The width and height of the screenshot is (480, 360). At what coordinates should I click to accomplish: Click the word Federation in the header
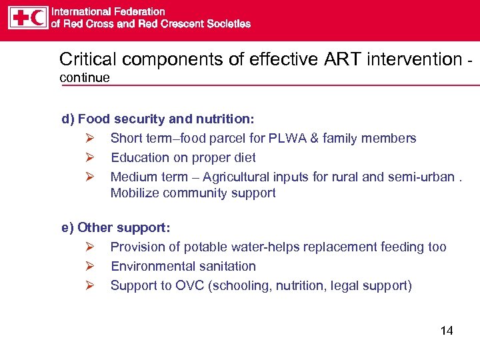(141, 11)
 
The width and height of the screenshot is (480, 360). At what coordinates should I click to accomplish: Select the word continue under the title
(85, 78)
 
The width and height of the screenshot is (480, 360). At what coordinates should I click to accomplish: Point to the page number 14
(447, 331)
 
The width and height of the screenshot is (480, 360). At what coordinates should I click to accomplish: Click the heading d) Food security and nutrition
(157, 119)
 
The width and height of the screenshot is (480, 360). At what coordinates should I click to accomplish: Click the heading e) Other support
(116, 227)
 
